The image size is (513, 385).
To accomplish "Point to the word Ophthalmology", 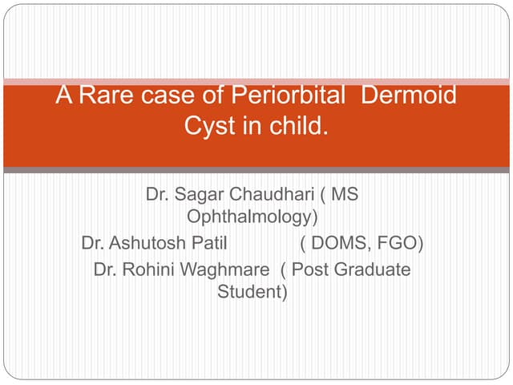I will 250,217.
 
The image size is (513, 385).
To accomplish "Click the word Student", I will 250,291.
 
